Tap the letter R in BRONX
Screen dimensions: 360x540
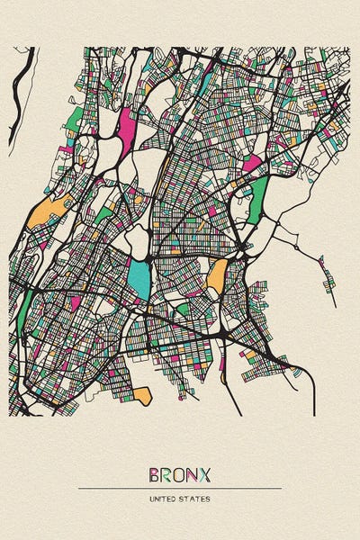point(166,473)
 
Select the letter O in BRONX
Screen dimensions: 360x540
point(180,473)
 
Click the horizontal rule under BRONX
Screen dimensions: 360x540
point(180,488)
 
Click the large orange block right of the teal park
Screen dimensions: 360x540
point(217,275)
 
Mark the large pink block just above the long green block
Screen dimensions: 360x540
point(251,164)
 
